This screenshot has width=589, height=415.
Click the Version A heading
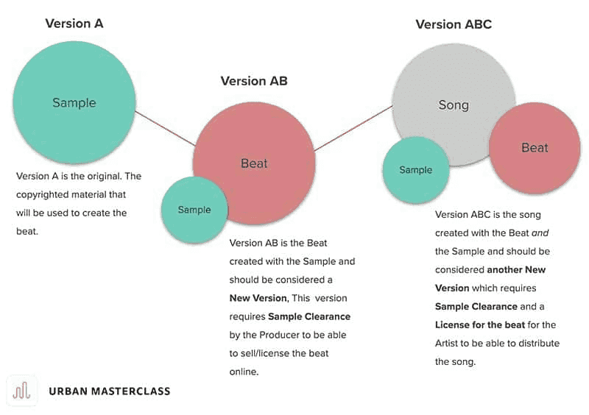74,24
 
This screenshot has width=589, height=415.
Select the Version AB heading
254,81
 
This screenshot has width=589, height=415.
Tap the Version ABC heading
454,24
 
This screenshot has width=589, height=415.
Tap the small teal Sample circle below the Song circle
416,170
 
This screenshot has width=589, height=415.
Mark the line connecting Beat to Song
353,128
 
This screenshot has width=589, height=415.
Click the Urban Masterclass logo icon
23,391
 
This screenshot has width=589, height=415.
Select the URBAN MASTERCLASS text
109,391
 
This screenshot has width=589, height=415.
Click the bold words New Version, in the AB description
258,298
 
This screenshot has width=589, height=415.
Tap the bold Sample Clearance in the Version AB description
309,316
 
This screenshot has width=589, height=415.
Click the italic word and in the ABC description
540,233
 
